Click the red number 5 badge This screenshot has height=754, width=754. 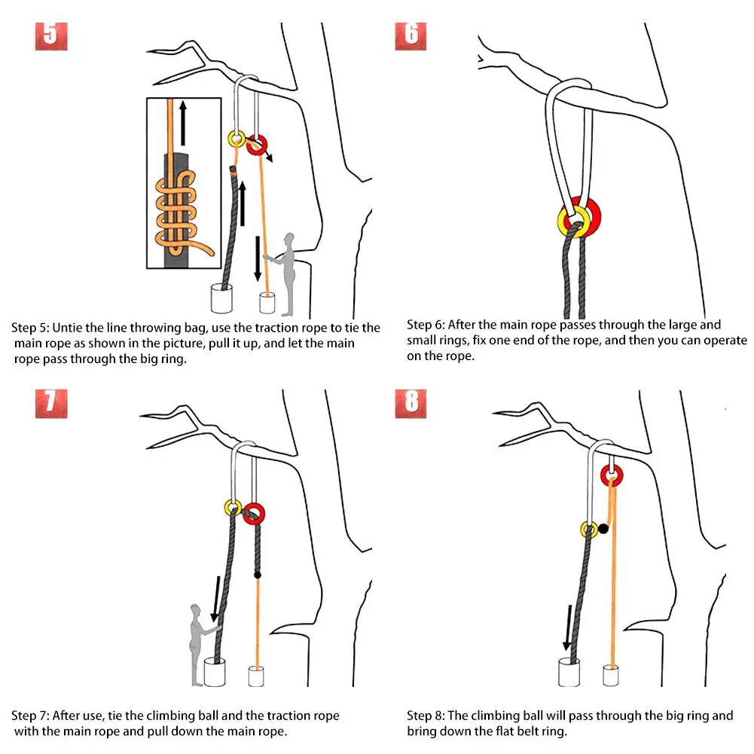(50, 35)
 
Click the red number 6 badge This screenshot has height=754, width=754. (411, 35)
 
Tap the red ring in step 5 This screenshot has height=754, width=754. (258, 142)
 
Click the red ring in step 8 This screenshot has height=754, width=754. (612, 475)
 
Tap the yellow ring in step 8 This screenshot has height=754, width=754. (589, 530)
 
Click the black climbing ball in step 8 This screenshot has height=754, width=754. (603, 529)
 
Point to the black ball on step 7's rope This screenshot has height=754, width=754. (258, 575)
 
